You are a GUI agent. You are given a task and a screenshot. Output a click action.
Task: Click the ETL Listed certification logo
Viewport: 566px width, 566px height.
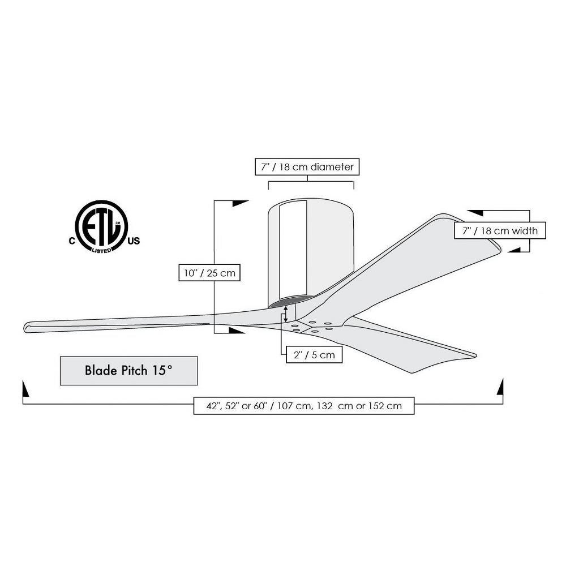point(101,226)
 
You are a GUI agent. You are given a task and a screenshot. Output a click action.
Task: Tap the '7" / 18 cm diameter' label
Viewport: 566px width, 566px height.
point(307,167)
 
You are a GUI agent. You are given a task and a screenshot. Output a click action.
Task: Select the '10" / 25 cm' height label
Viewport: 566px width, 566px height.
point(209,273)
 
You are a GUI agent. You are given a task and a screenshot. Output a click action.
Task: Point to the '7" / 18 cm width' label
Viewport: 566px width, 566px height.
point(500,230)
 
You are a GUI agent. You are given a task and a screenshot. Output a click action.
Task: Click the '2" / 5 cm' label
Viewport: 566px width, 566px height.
point(314,354)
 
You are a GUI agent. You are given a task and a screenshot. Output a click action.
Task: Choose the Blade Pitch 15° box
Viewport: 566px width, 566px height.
point(129,371)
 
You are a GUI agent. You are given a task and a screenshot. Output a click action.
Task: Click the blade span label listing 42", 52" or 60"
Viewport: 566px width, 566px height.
point(304,405)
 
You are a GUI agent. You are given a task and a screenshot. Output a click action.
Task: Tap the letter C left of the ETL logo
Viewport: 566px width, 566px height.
point(72,241)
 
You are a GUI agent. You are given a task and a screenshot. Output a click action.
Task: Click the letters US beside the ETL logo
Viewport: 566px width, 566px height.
point(134,241)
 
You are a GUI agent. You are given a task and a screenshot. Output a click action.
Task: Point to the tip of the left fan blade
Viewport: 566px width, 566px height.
point(24,327)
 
